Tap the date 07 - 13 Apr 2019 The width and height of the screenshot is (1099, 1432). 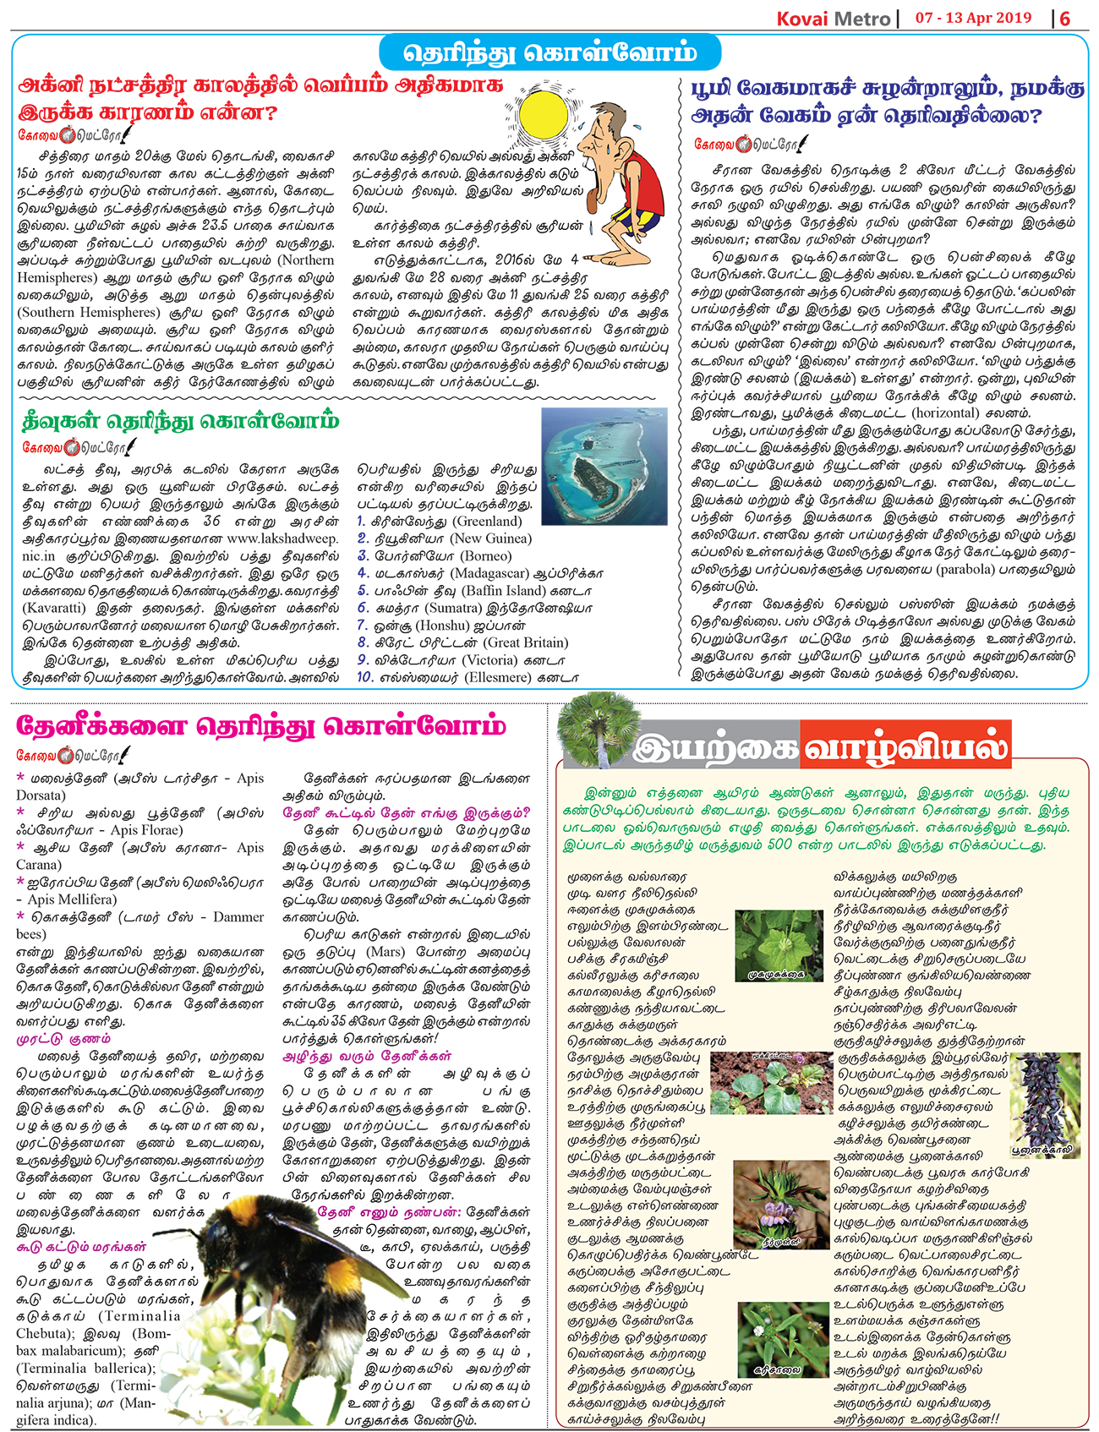click(973, 18)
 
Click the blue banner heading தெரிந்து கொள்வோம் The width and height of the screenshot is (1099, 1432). click(549, 53)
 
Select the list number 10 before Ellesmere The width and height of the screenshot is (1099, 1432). click(364, 677)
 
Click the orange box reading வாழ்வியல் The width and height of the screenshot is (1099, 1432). click(905, 747)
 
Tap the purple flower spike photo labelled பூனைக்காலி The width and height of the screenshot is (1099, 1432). click(1045, 1105)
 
